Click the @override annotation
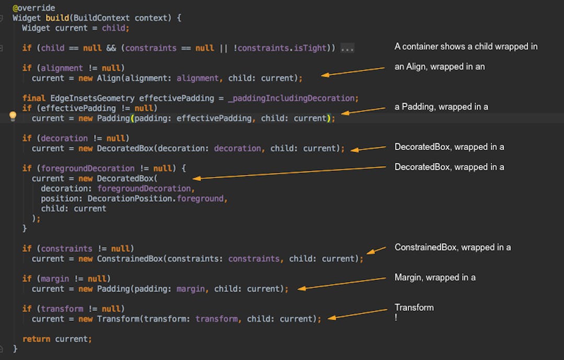[33, 8]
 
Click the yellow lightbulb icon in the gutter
[13, 117]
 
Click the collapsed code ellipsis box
[347, 48]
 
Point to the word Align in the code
[108, 78]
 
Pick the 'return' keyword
[36, 339]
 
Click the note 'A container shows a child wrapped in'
[466, 47]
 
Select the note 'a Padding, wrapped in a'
[441, 107]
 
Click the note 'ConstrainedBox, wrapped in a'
[452, 247]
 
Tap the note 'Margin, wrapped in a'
[435, 277]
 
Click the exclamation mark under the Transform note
[396, 317]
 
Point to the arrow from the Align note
[353, 72]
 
